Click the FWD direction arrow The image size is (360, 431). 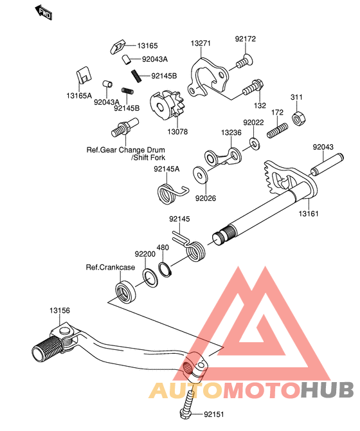(43, 12)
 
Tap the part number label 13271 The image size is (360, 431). (201, 43)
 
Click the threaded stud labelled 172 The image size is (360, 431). (277, 131)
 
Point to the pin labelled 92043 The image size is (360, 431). (327, 165)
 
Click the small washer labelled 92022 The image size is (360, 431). (255, 143)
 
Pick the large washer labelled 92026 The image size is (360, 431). (201, 175)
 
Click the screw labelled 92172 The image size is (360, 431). (244, 61)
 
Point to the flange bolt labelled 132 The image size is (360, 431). (253, 87)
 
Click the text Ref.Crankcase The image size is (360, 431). (111, 267)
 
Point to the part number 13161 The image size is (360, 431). (309, 214)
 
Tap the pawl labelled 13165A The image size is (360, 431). (84, 75)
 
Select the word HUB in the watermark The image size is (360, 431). (327, 389)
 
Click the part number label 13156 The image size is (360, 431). (60, 310)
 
